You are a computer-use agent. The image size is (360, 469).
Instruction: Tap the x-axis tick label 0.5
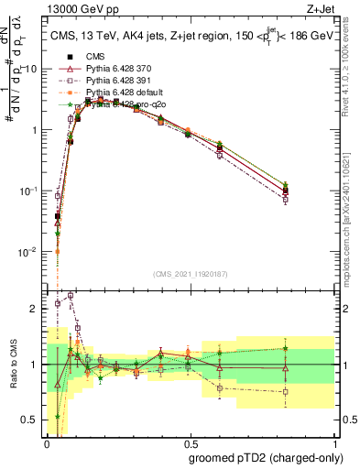click(x=190, y=442)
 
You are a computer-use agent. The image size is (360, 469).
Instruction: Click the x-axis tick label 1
click(x=333, y=442)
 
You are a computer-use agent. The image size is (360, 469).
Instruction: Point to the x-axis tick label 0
click(x=47, y=442)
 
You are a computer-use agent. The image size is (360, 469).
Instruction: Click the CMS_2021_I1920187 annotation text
click(x=189, y=274)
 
